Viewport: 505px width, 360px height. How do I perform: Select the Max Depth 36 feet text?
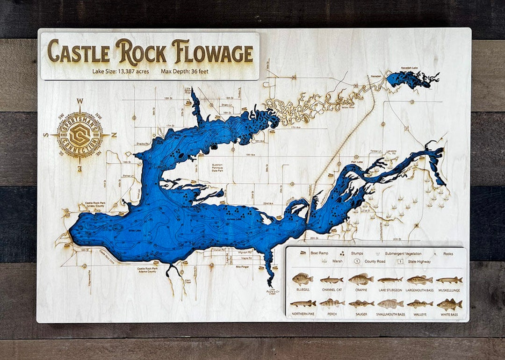[185, 72]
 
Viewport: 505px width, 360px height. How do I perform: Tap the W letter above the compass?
[80, 101]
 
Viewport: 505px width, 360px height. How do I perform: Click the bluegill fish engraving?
[302, 280]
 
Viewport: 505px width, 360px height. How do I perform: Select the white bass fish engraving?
[449, 304]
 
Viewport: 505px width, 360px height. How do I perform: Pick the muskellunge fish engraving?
[449, 280]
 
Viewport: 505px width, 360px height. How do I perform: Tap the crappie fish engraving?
[361, 280]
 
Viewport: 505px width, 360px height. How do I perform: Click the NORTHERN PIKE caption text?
[303, 314]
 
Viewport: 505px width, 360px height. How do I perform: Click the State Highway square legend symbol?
[401, 261]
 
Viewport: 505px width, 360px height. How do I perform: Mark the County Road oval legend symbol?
[357, 261]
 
